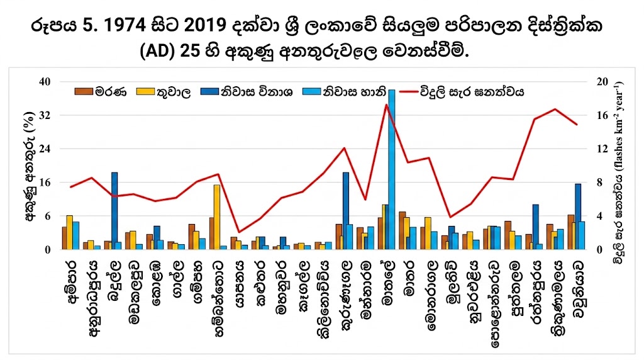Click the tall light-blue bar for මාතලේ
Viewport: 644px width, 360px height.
392,169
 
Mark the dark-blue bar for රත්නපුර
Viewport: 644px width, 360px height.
535,227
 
